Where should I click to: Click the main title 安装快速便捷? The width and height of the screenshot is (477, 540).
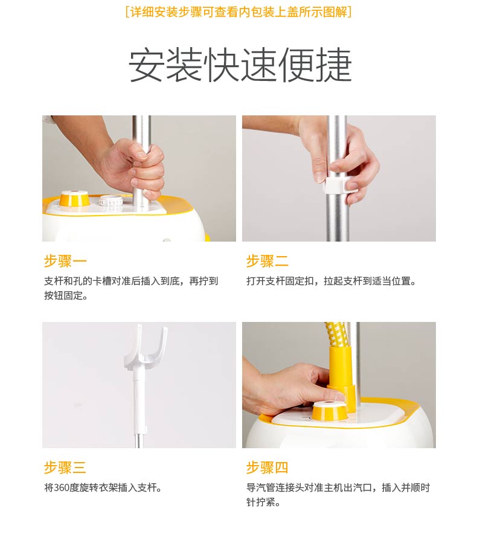point(240,65)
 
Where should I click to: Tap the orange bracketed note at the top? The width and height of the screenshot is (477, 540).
point(238,11)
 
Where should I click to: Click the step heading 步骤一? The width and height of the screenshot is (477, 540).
point(65,261)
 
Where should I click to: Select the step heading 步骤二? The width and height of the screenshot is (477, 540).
point(267,261)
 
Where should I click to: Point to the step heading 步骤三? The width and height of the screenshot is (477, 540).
point(65,468)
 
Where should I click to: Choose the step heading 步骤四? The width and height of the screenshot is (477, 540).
point(267,468)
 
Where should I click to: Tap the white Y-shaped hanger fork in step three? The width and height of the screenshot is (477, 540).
point(146,348)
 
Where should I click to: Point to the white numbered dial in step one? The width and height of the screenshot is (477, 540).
point(111,201)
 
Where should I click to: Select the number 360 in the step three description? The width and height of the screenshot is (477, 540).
point(62,487)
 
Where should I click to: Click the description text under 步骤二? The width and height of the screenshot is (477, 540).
point(331,281)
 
